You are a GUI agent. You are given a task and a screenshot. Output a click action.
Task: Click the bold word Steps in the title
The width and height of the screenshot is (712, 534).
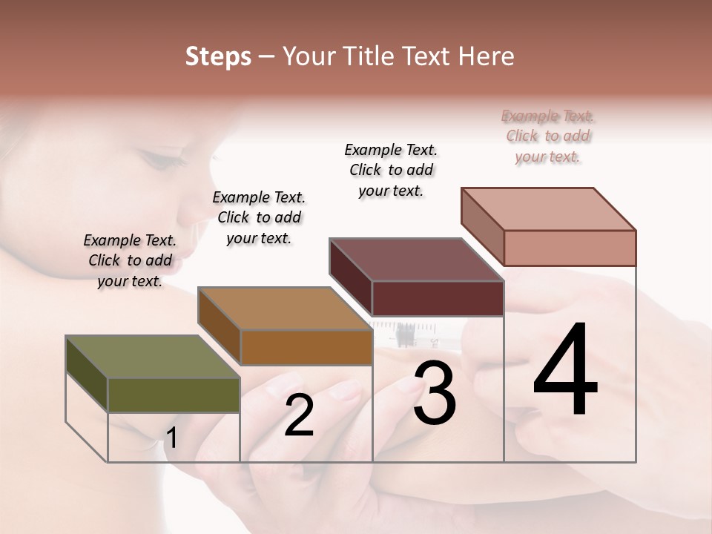[218, 57]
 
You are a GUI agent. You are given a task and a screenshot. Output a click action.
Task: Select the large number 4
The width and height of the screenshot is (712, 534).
[565, 371]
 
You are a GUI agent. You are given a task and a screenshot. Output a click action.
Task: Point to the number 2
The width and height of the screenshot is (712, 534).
[299, 415]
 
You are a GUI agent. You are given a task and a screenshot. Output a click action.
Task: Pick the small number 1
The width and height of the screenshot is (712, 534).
[171, 438]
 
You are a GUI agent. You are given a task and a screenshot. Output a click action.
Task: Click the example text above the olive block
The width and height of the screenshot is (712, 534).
[130, 260]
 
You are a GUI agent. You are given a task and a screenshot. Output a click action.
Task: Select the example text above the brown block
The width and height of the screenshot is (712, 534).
[259, 217]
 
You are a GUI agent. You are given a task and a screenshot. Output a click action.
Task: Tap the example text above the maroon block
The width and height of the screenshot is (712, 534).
[391, 170]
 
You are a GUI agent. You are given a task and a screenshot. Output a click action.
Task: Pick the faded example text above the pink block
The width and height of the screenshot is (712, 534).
[548, 136]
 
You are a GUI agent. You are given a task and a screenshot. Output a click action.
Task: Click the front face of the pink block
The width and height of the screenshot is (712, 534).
[570, 248]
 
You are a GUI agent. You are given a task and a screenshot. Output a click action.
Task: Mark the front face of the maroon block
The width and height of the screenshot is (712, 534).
[438, 298]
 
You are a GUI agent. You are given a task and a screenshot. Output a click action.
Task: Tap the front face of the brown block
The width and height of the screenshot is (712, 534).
[306, 347]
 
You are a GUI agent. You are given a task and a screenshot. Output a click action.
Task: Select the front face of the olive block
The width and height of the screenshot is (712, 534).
[174, 395]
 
